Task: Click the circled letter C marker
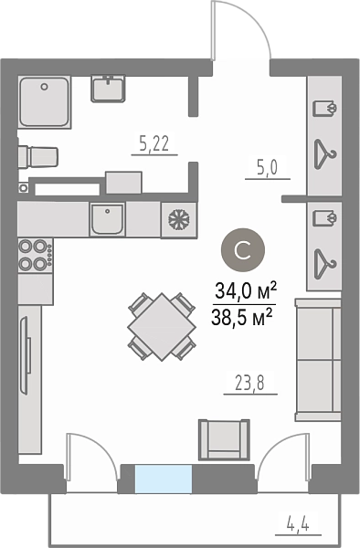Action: (x=243, y=250)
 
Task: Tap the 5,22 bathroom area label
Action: (x=154, y=143)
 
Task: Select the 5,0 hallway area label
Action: (x=268, y=168)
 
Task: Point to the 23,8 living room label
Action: (x=249, y=384)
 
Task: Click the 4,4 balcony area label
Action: (x=298, y=524)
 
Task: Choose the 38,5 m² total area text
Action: (x=242, y=317)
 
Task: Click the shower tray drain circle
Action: (x=44, y=87)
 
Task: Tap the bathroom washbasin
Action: (x=108, y=89)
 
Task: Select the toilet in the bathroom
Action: (x=38, y=156)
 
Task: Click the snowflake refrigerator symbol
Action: (x=178, y=220)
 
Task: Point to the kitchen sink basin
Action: (x=107, y=219)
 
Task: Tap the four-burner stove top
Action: (x=36, y=255)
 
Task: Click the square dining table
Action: (x=162, y=327)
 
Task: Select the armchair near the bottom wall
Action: (x=224, y=439)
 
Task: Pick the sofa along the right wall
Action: (x=318, y=360)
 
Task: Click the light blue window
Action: (x=164, y=479)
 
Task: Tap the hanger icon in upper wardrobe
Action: (x=325, y=154)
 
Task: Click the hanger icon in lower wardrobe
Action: (x=325, y=264)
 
